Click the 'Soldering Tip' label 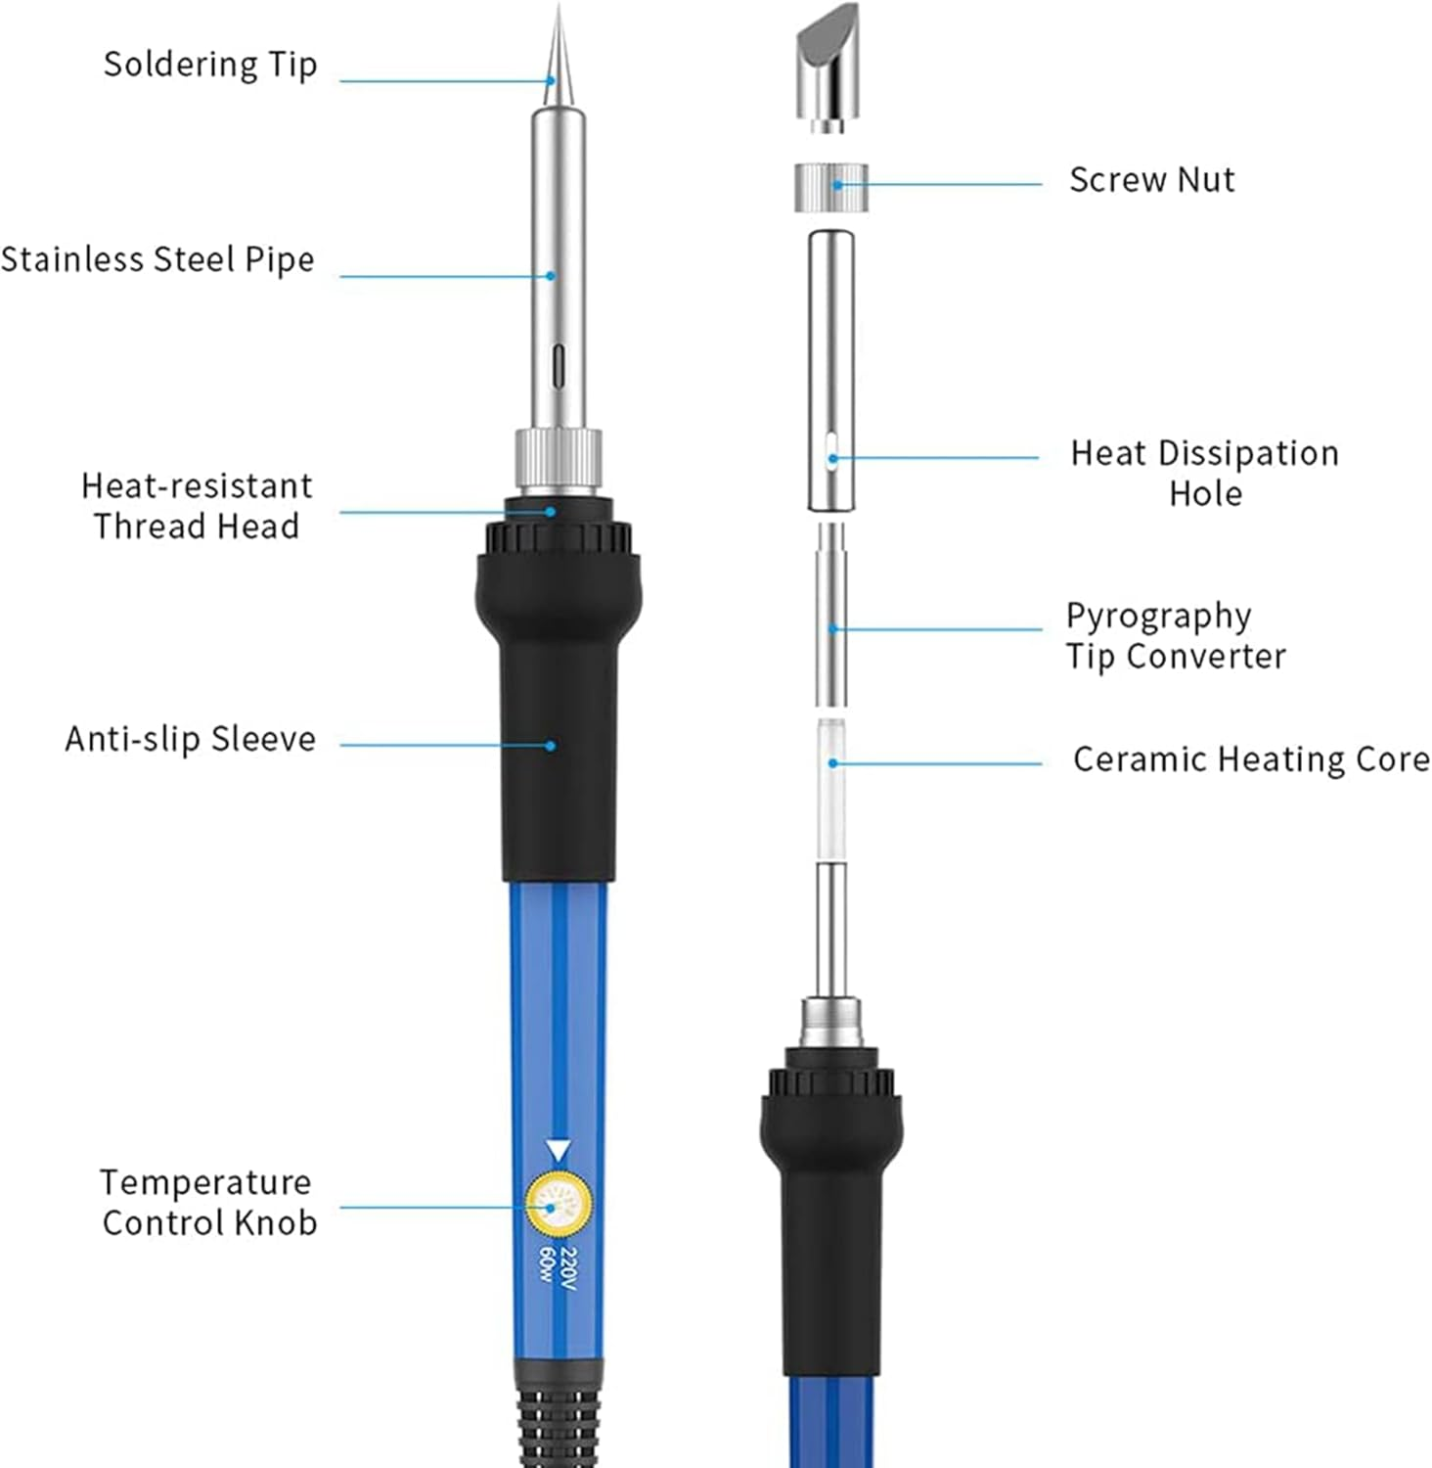coord(210,65)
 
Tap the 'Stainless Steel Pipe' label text coord(157,260)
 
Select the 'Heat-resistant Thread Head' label coord(197,506)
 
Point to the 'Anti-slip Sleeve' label coord(191,739)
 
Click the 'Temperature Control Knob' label coord(208,1203)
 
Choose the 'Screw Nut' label coord(1151,180)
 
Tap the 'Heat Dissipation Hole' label coord(1204,473)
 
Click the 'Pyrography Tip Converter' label coord(1175,636)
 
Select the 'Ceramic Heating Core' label coord(1250,759)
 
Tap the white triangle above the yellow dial coord(559,1149)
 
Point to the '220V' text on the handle coord(569,1269)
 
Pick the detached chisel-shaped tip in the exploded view coord(828,69)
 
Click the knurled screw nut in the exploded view coord(829,187)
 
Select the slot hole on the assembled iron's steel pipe coord(559,367)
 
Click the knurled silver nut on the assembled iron coord(559,460)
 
